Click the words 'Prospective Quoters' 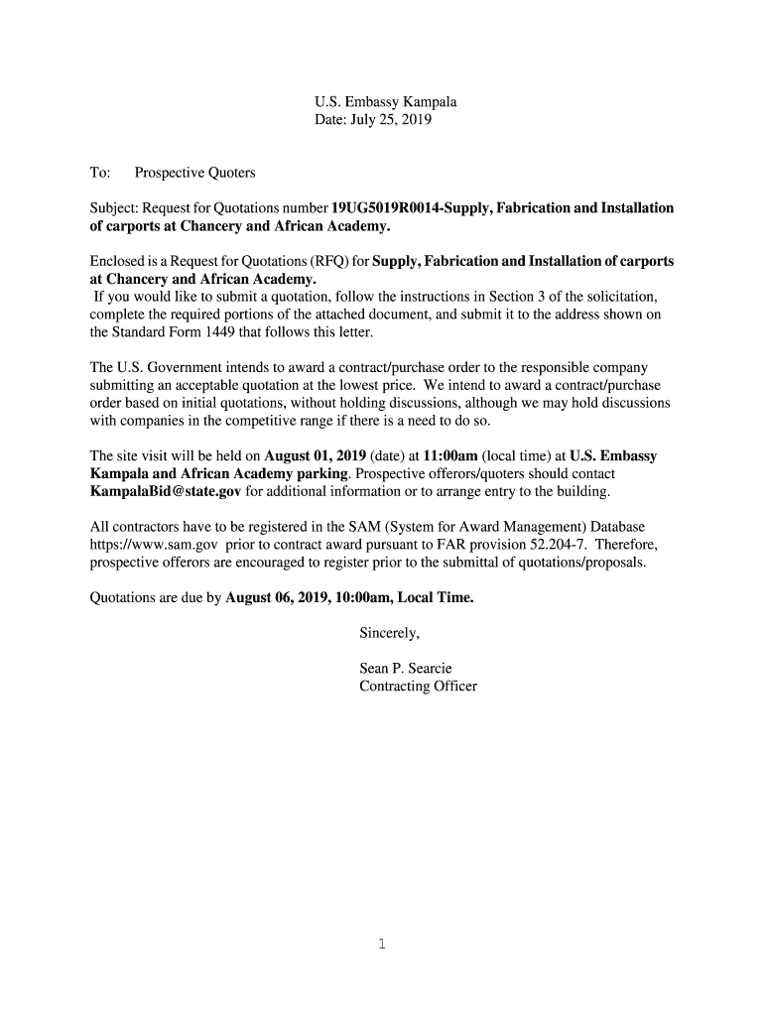click(194, 173)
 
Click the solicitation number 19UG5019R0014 click(387, 208)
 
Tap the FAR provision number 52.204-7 click(557, 546)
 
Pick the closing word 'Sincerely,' click(390, 633)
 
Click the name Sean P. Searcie click(405, 669)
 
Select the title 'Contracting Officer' click(418, 687)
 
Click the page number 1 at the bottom click(381, 945)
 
